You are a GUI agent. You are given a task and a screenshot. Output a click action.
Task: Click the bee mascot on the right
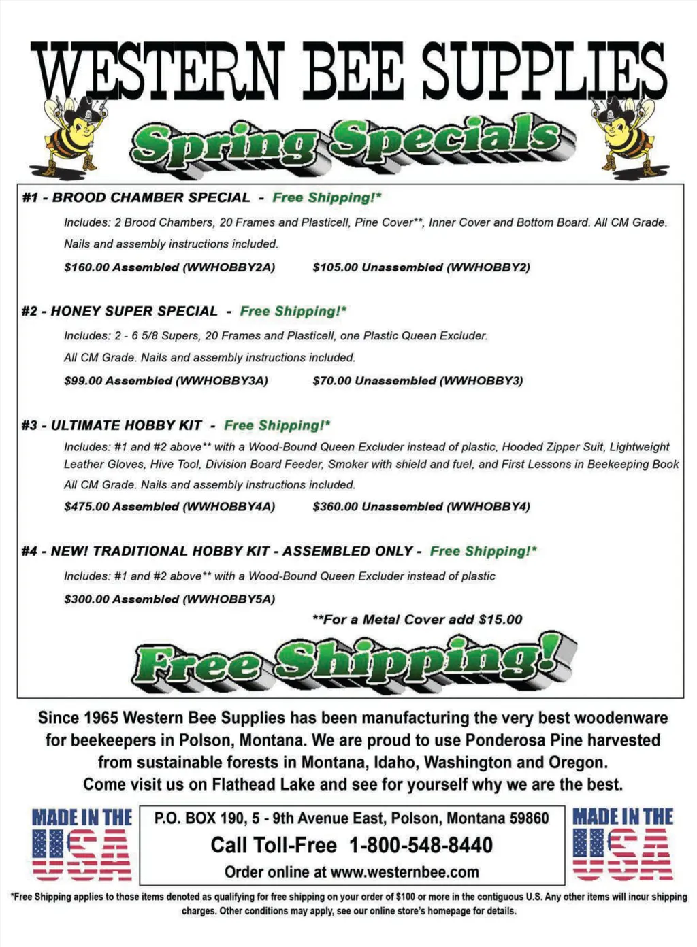(x=626, y=133)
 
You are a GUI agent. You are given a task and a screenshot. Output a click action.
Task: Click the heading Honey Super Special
(x=134, y=312)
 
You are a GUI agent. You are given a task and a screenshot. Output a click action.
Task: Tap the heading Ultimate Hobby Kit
(x=127, y=426)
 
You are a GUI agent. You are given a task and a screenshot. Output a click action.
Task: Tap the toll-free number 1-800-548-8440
(x=421, y=846)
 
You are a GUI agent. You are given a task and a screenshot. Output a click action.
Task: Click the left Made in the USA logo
(x=82, y=844)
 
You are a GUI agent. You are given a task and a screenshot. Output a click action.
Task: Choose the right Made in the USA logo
(x=623, y=844)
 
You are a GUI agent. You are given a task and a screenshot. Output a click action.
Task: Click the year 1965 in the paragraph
(x=101, y=718)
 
